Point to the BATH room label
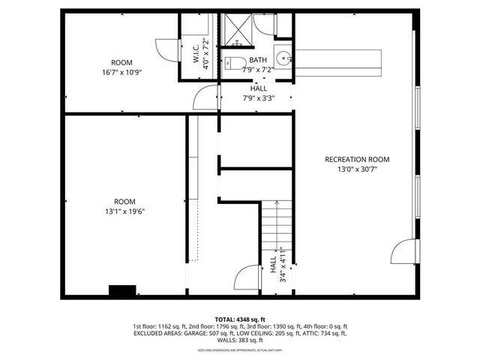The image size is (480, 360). (257, 60)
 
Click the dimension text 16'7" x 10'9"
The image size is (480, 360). (121, 73)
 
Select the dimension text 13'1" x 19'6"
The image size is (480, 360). (124, 211)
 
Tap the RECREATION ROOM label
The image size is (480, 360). (356, 159)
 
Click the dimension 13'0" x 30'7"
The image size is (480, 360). (356, 169)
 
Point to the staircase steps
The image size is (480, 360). (273, 225)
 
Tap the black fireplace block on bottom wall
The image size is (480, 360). (121, 290)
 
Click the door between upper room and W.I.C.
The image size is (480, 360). (166, 49)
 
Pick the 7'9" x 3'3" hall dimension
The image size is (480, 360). (257, 97)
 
